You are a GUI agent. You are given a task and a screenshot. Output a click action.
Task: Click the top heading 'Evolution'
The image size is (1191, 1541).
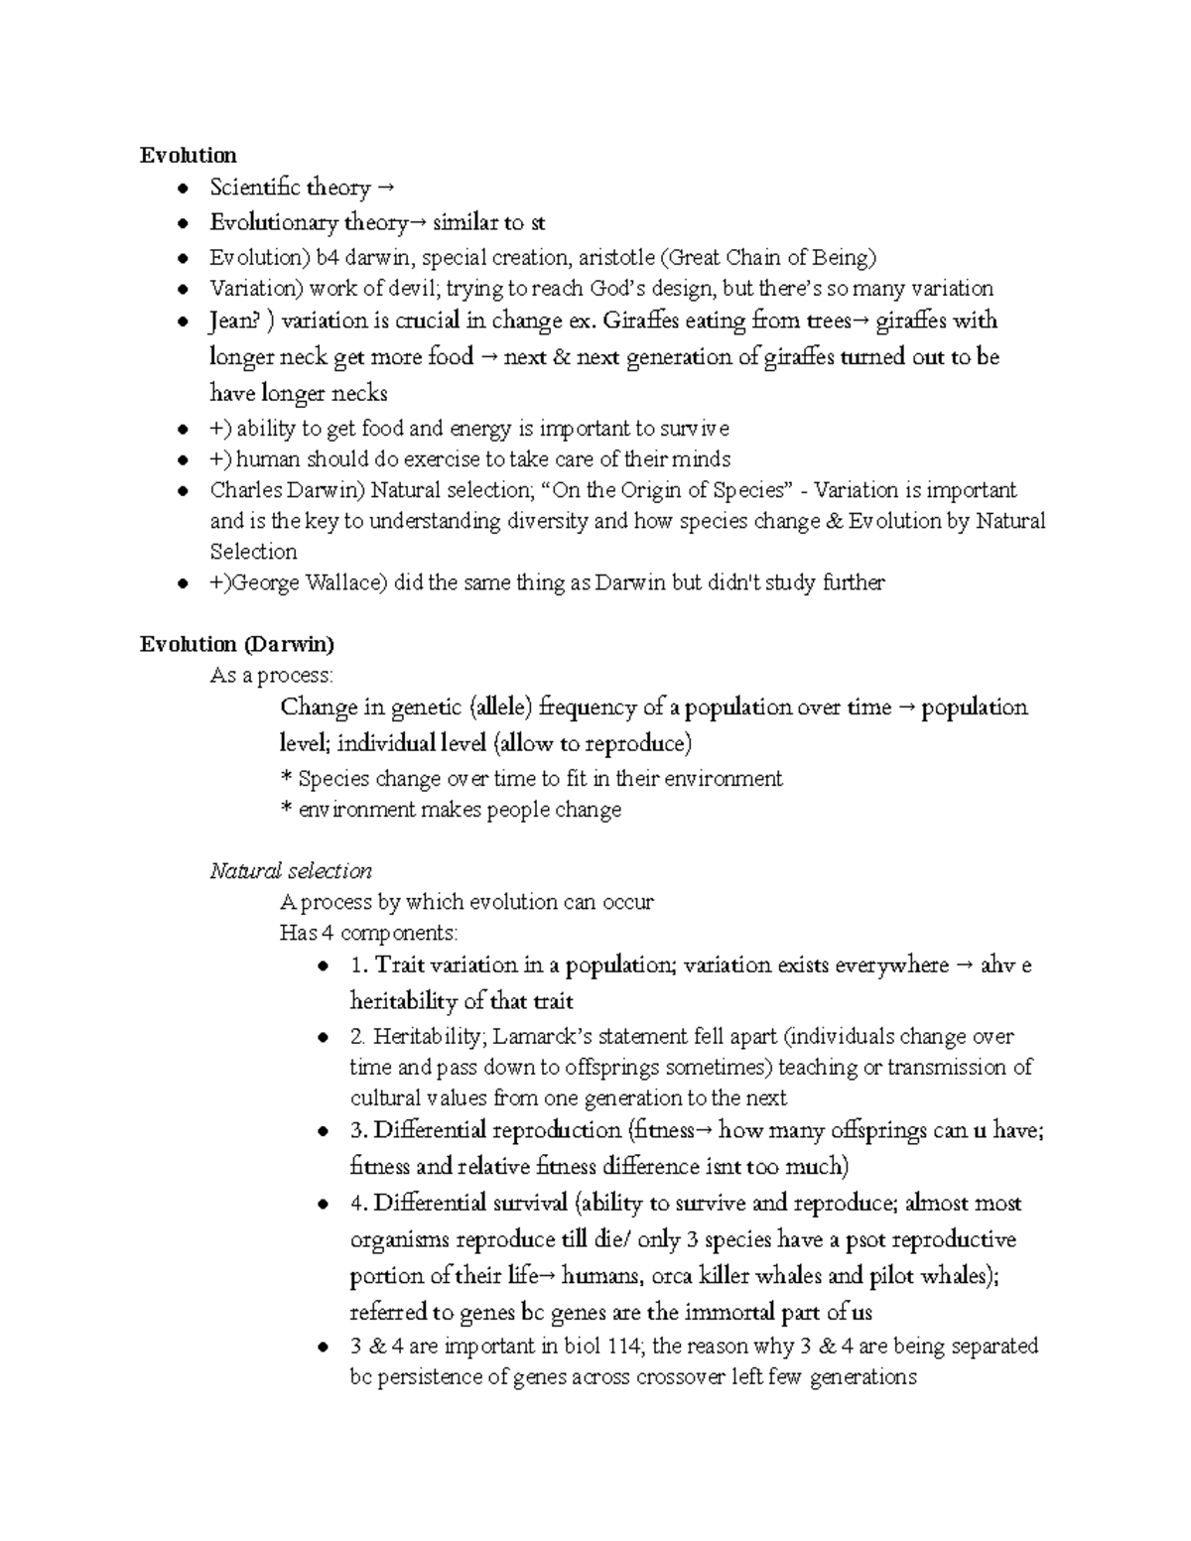[188, 155]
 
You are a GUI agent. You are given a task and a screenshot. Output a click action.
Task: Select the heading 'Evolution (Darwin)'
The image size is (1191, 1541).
[236, 644]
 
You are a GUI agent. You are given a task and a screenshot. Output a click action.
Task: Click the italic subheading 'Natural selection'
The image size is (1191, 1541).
[291, 870]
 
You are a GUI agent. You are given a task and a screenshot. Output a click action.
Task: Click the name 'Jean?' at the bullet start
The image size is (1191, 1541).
[235, 321]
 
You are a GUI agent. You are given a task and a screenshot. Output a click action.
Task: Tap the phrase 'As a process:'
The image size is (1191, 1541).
[272, 676]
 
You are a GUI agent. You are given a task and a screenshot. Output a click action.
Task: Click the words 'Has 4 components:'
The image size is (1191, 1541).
[369, 933]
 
